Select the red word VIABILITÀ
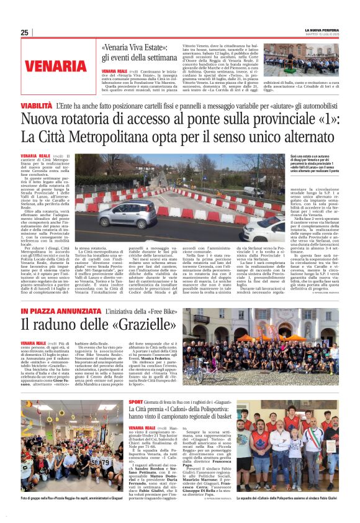click(36, 107)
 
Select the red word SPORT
click(136, 402)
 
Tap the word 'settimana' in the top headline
click(163, 57)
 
